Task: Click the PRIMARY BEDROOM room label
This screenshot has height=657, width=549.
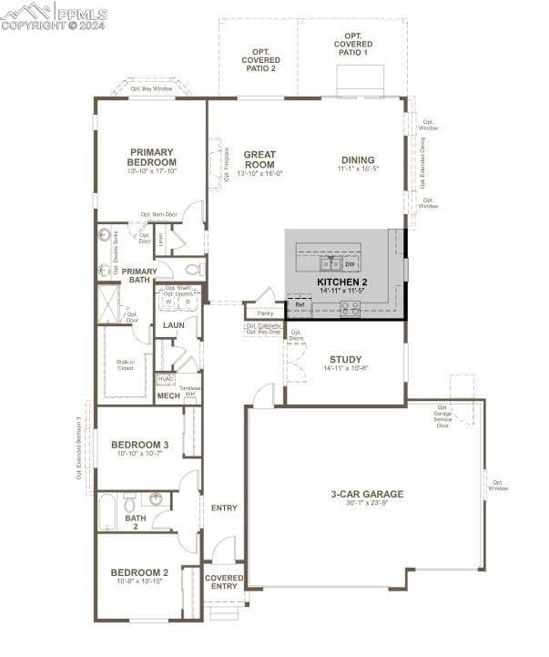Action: [151, 158]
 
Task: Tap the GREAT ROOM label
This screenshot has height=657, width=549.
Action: [259, 159]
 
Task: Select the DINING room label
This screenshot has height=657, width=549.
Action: [358, 160]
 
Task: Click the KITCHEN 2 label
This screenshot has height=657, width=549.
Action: [341, 282]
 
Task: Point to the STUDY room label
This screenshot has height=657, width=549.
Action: [345, 359]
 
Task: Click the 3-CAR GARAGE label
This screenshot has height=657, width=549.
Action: [367, 494]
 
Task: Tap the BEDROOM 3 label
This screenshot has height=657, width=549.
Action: [139, 445]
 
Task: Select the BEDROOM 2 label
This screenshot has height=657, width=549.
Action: [139, 572]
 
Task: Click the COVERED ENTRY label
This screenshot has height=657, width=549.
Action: [224, 581]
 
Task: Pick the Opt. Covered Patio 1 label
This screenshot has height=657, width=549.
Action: [352, 44]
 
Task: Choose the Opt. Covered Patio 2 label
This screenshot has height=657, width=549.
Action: [259, 58]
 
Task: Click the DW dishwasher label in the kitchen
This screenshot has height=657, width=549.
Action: [350, 264]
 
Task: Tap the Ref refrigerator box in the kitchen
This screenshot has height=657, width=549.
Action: [300, 305]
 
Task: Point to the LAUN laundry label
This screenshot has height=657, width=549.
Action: [174, 324]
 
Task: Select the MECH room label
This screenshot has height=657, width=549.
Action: [168, 395]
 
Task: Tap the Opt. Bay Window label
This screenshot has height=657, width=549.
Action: [150, 89]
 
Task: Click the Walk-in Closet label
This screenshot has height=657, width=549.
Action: [126, 364]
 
